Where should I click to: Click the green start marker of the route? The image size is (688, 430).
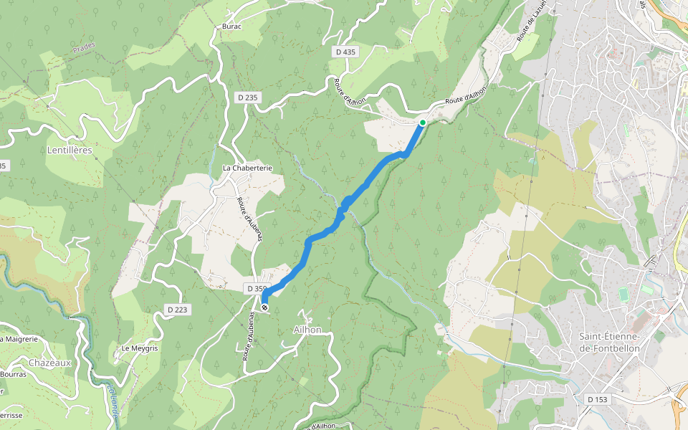(x=423, y=123)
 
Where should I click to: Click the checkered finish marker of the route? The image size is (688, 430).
(x=264, y=307)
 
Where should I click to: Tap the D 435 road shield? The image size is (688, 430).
(x=345, y=52)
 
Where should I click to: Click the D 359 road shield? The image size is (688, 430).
(x=256, y=288)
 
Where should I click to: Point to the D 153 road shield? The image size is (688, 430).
(x=596, y=399)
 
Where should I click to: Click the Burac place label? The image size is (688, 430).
(x=232, y=27)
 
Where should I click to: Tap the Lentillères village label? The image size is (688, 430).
(x=70, y=151)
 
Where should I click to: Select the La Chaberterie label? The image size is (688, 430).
(x=247, y=168)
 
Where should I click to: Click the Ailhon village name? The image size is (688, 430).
(x=307, y=330)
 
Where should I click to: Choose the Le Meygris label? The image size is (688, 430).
(x=139, y=348)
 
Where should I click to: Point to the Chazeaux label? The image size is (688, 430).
(x=49, y=363)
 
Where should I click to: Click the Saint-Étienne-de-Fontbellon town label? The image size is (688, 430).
(x=609, y=343)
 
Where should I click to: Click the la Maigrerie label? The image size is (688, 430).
(x=18, y=339)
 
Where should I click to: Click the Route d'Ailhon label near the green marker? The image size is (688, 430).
(x=465, y=95)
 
